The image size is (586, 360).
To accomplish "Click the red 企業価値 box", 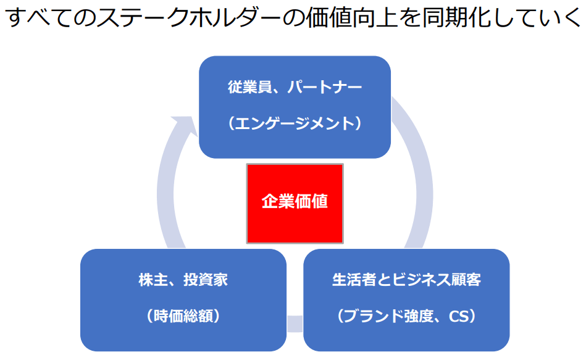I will pos(295,203).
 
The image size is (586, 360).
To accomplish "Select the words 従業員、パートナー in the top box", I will pos(295,87).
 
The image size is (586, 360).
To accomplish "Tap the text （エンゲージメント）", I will pos(295,123).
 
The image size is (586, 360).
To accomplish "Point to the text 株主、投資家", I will pos(183,280).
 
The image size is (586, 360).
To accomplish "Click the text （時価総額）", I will pos(183,316).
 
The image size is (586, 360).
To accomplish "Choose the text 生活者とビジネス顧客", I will pos(406,280).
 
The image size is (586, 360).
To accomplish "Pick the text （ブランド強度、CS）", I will pos(406,316).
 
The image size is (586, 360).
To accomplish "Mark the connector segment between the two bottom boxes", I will pos(295,323).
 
